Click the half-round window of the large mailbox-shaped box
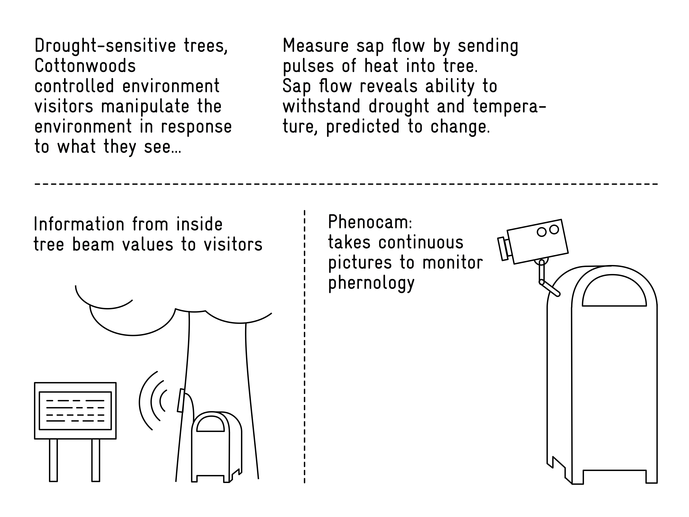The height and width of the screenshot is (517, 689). [614, 290]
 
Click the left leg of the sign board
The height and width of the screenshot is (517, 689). [54, 460]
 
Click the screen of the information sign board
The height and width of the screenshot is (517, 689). [75, 410]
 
